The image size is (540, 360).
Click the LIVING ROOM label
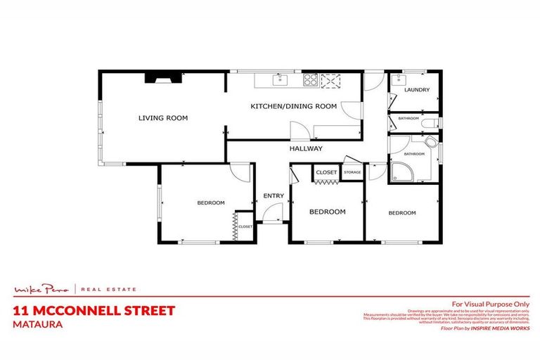[x=162, y=118]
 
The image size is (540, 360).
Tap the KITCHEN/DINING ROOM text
[x=294, y=106]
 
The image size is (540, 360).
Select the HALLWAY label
[x=306, y=148]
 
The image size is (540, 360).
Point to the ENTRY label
[x=273, y=196]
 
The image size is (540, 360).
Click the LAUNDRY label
[x=417, y=90]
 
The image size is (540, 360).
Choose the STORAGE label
[x=352, y=172]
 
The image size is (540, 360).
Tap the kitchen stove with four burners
[x=309, y=79]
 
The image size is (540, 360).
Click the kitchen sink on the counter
[x=280, y=79]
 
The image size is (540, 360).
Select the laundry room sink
[x=398, y=79]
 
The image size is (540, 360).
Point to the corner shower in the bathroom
[x=404, y=169]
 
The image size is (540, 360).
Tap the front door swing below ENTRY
[x=274, y=212]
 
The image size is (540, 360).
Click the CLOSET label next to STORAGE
[x=326, y=172]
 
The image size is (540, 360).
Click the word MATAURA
[x=37, y=324]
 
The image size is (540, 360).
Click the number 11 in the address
[x=20, y=310]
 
